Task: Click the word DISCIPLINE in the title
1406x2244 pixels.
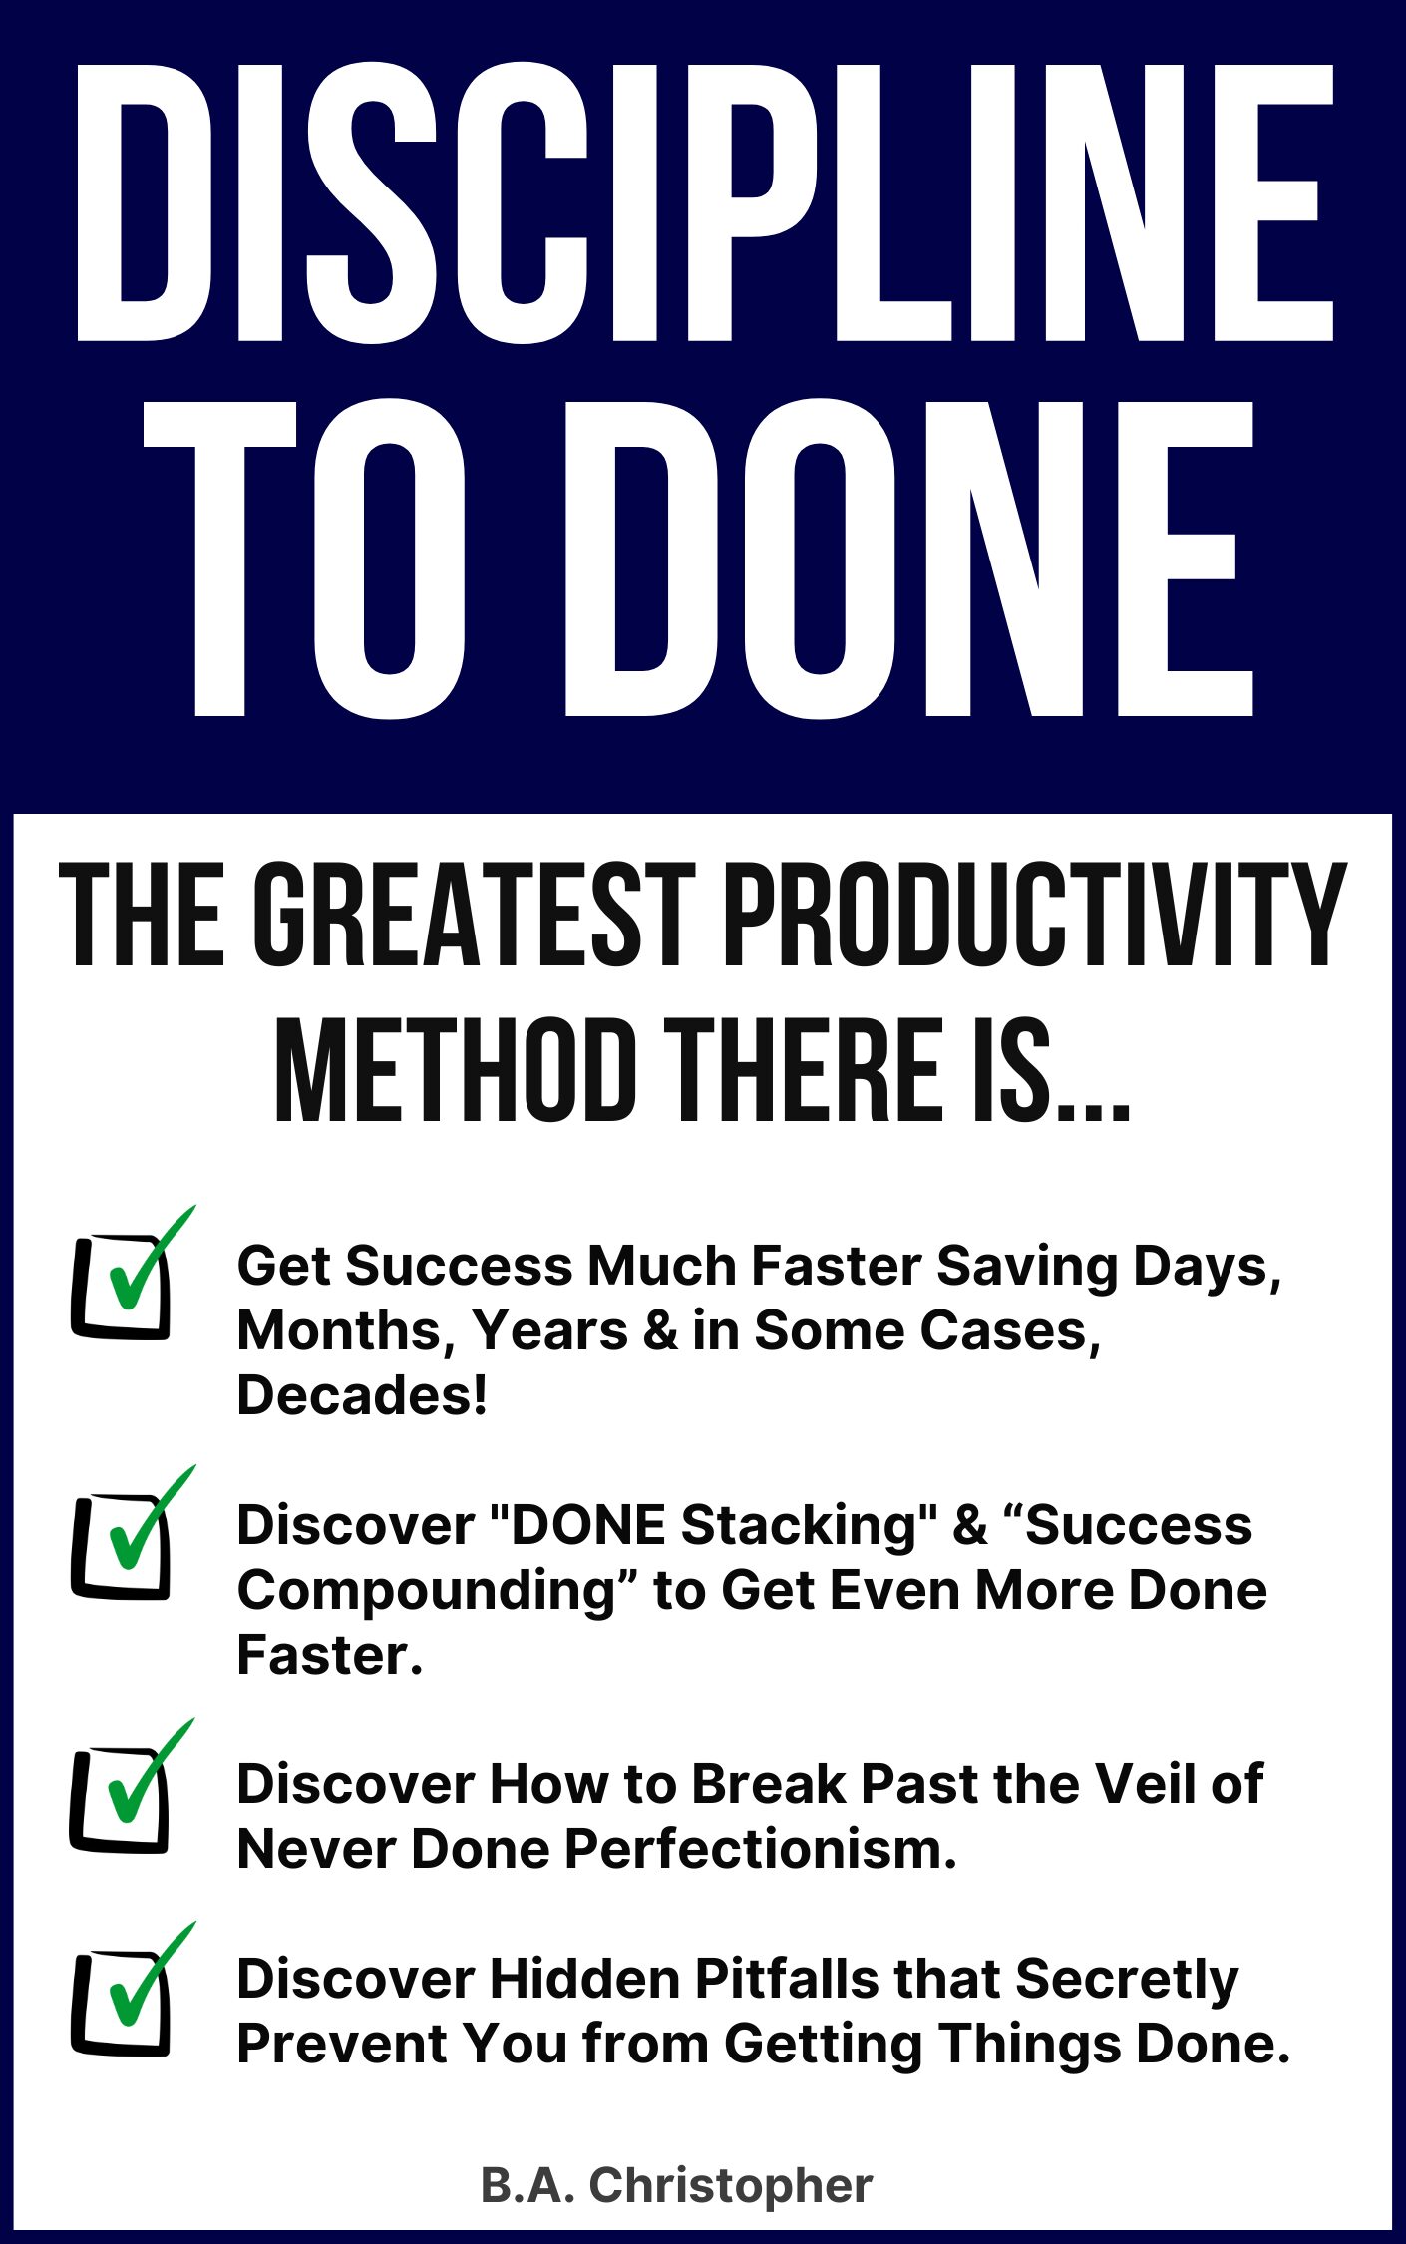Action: coord(704,203)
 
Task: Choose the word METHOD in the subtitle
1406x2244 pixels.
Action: coord(456,1070)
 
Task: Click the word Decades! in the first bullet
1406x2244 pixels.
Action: coord(362,1394)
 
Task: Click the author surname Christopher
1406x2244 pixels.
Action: coord(731,2186)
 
